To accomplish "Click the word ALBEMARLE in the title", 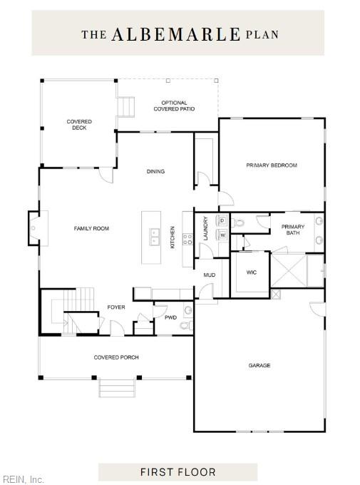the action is coord(175,34).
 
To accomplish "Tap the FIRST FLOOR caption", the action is coord(178,472).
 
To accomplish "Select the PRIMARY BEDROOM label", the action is coord(272,165).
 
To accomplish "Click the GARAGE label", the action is coord(259,365).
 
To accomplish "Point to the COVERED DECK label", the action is coord(79,124).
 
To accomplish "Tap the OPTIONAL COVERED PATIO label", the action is coord(174,106).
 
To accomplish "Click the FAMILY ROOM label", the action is coord(91,228).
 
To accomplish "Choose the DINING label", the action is coord(155,171).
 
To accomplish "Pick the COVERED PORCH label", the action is coord(116,357).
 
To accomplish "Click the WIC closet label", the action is coord(251,272).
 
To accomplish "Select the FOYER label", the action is coord(116,307).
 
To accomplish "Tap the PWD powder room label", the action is coord(170,317).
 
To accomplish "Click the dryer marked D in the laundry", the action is coord(222,220).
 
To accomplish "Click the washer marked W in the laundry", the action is coord(222,235).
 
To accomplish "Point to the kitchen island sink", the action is coord(154,237).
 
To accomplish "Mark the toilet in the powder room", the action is coord(185,326).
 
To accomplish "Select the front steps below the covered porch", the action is coord(117,388).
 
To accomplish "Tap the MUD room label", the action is coord(210,275).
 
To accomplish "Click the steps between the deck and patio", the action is coord(126,107).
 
